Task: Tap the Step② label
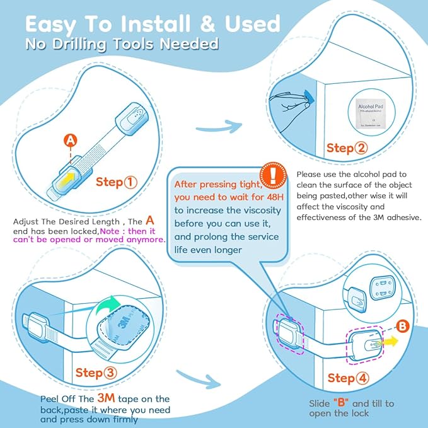tap(346, 149)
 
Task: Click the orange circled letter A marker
tap(71, 139)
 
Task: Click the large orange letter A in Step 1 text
tap(149, 221)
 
